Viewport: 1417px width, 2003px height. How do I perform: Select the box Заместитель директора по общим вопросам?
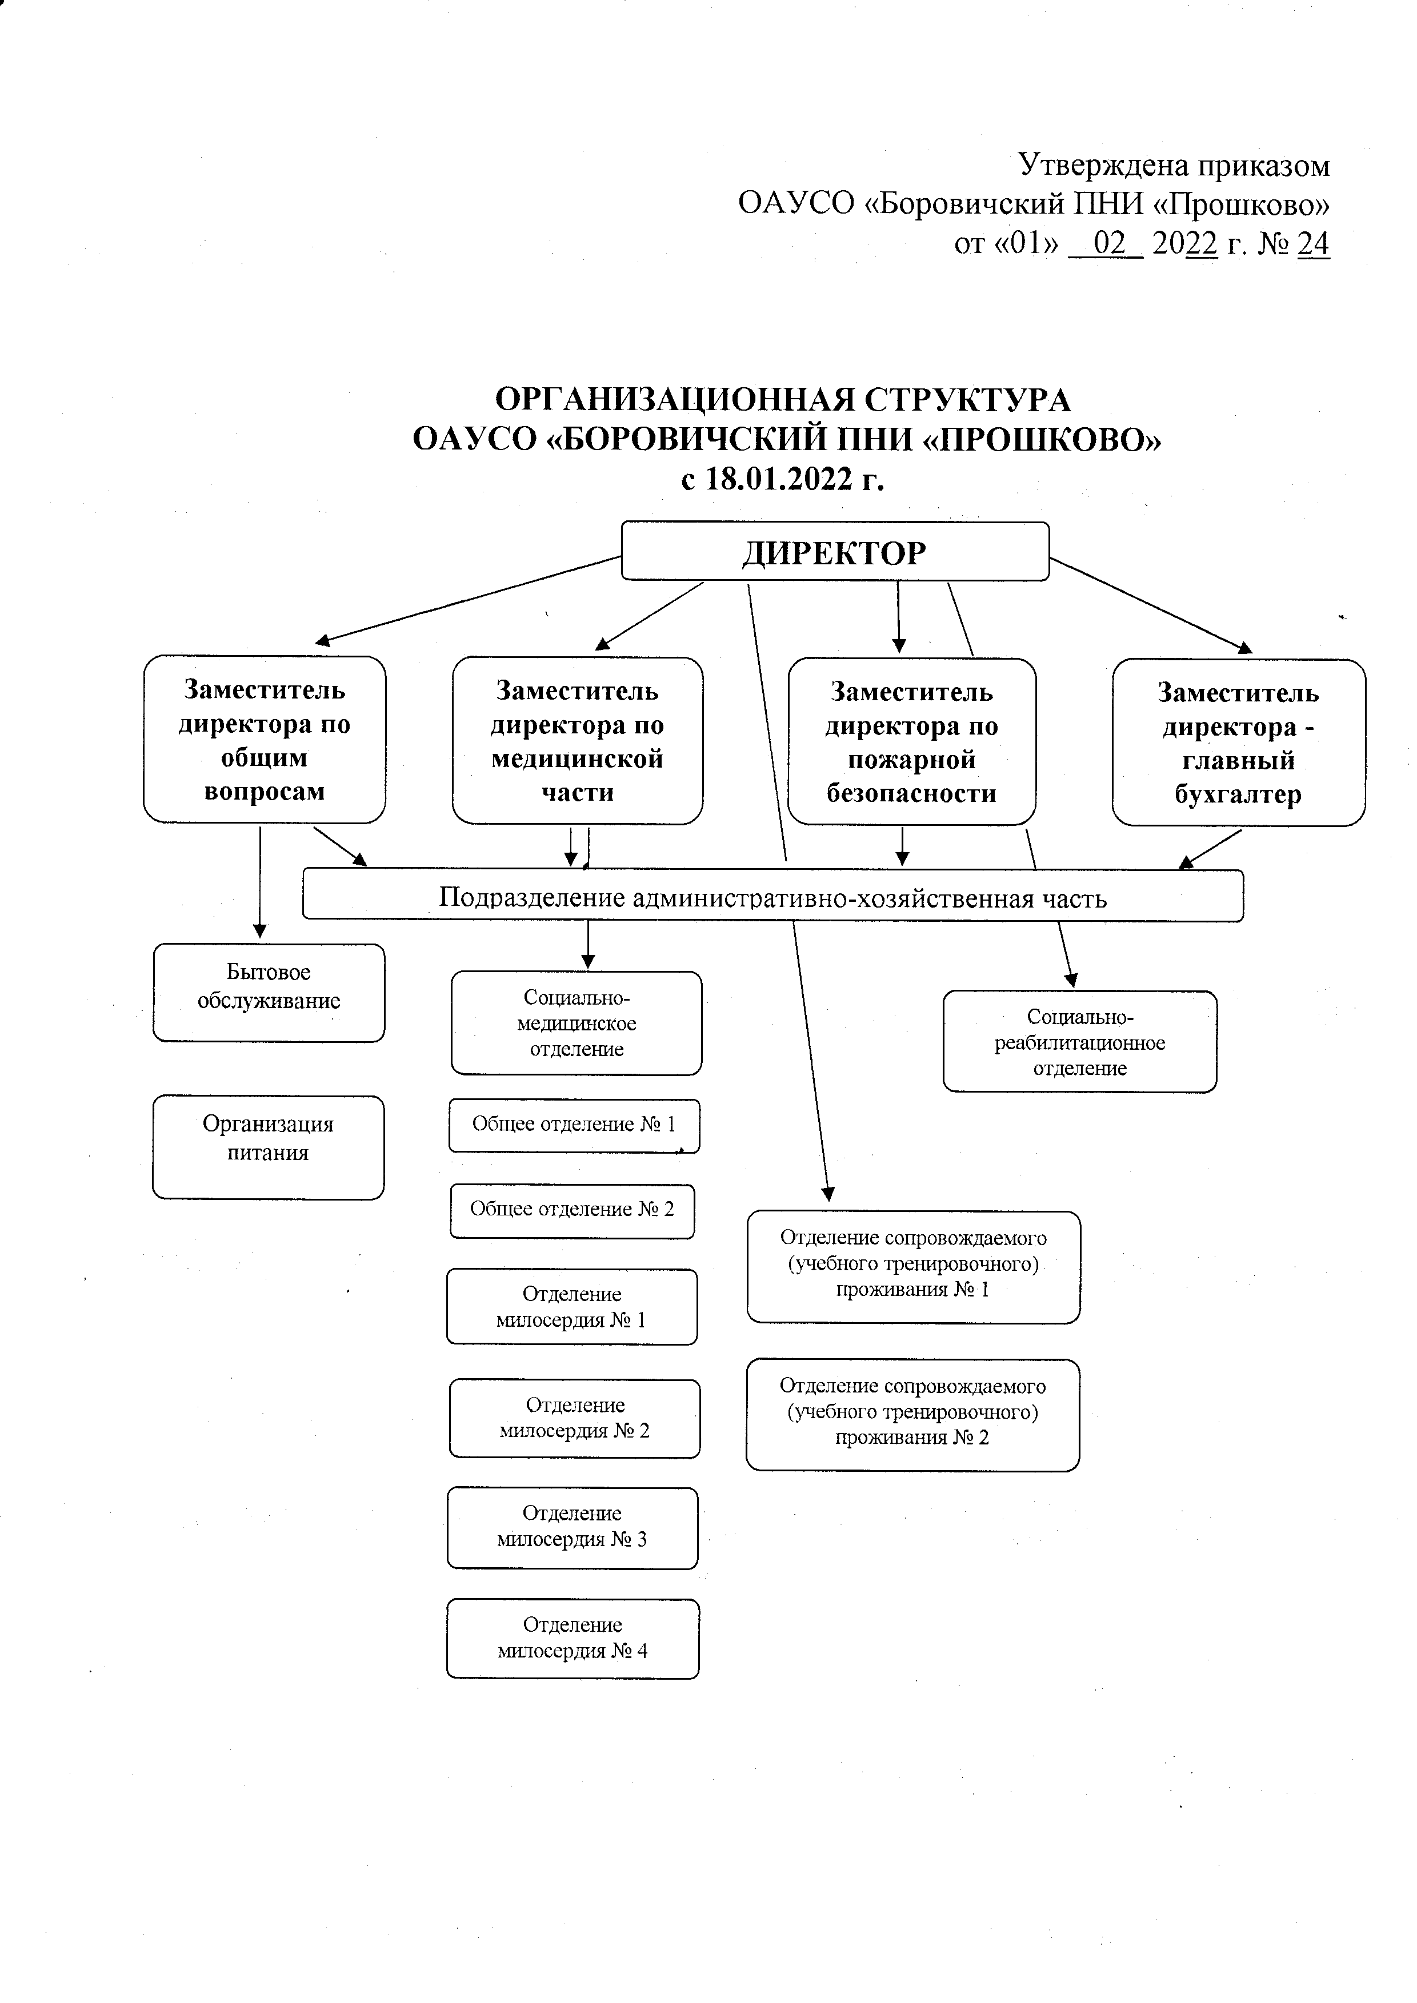click(x=265, y=740)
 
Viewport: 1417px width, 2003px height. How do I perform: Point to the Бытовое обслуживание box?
click(x=269, y=993)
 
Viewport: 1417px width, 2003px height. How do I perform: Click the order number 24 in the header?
click(x=1312, y=243)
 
